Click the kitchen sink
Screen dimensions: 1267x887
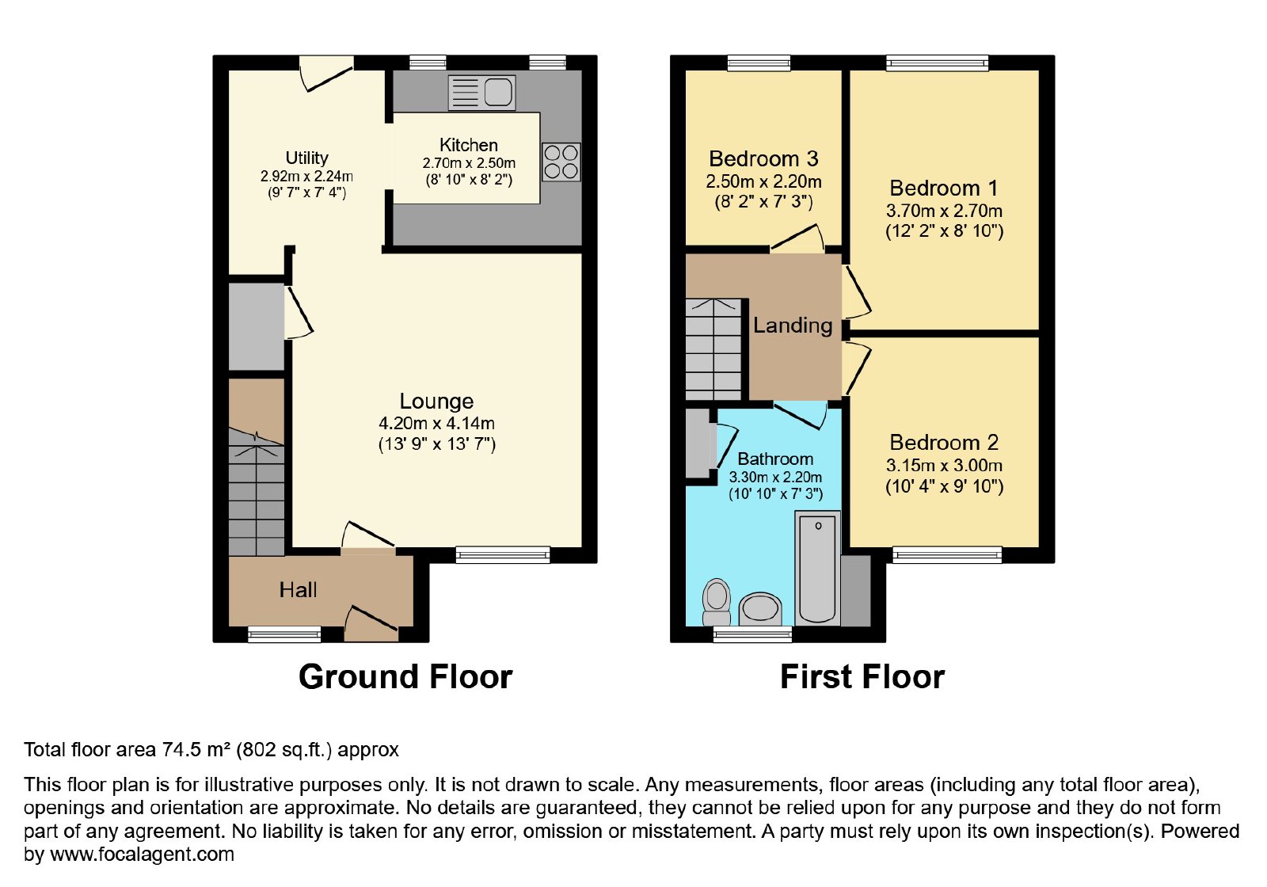click(x=482, y=92)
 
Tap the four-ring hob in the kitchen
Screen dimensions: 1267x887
click(x=561, y=162)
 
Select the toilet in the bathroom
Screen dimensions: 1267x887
click(x=717, y=602)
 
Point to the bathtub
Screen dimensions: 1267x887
click(x=818, y=567)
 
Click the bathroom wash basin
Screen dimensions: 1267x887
click(x=760, y=610)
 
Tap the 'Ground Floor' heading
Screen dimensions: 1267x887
click(x=405, y=676)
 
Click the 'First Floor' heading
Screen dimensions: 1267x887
click(x=862, y=676)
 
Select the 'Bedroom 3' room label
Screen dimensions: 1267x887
click(x=763, y=159)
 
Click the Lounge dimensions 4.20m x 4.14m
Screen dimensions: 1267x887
click(x=436, y=423)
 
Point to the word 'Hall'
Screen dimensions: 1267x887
click(x=298, y=590)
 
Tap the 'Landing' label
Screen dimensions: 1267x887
click(x=793, y=325)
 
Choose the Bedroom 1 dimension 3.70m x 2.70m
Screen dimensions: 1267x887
click(x=944, y=211)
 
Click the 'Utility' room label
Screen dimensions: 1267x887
click(x=306, y=158)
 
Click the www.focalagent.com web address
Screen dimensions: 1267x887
click(x=142, y=854)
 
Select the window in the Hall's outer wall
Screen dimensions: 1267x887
click(x=284, y=634)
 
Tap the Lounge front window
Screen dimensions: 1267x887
click(x=503, y=555)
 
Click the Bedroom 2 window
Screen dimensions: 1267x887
click(x=947, y=555)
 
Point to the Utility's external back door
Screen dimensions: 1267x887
click(x=326, y=73)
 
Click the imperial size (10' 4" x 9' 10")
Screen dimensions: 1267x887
click(x=944, y=486)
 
